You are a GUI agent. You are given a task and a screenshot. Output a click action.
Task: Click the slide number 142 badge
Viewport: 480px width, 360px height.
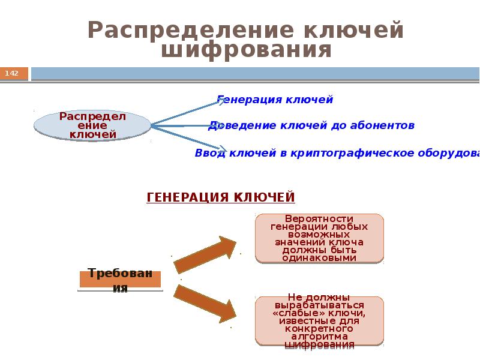coord(13,73)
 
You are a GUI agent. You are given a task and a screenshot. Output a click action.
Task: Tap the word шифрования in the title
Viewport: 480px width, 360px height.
coord(246,50)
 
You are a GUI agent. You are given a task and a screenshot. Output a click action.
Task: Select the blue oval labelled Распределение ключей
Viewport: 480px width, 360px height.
coord(92,125)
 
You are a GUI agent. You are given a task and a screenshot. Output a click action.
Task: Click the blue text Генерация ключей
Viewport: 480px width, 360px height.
coord(275,100)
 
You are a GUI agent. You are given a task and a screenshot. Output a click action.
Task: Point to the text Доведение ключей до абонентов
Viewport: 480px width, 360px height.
coord(311,125)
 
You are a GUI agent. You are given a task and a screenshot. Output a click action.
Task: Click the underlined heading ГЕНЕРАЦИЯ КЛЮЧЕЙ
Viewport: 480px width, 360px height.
coord(221,197)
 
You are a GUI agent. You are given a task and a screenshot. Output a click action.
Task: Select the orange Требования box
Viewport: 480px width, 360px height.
coord(120,278)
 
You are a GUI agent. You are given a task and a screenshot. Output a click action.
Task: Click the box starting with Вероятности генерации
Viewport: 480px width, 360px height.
coord(319,238)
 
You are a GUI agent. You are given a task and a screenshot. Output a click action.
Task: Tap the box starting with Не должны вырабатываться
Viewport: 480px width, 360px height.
coord(319,321)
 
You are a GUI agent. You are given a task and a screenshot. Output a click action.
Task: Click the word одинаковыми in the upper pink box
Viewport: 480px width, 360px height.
coord(319,258)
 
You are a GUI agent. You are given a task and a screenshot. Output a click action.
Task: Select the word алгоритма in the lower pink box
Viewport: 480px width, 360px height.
coord(319,337)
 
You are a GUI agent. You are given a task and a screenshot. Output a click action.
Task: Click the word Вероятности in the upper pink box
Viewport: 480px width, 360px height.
coord(319,218)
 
